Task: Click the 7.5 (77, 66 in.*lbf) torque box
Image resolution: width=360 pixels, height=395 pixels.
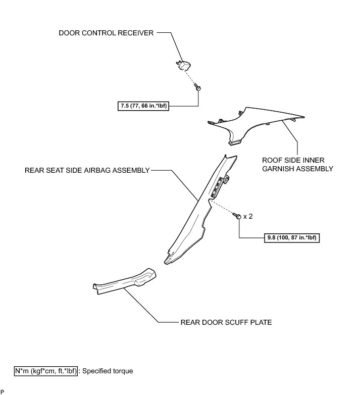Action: coord(142,106)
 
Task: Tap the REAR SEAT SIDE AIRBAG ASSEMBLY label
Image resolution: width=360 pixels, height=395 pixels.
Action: coord(87,171)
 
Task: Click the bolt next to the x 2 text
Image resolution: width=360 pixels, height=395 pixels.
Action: coord(236,216)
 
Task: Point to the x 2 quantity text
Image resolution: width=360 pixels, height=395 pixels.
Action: coord(248,216)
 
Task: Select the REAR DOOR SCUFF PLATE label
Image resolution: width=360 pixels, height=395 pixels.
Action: coord(226,322)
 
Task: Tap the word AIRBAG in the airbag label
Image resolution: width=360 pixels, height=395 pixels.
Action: coord(90,171)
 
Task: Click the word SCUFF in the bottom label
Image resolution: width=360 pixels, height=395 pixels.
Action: coord(230,322)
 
